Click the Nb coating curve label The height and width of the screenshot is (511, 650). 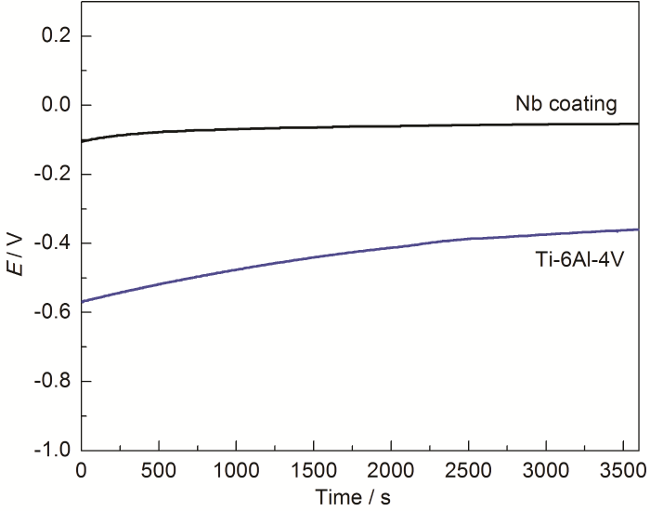[566, 103]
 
